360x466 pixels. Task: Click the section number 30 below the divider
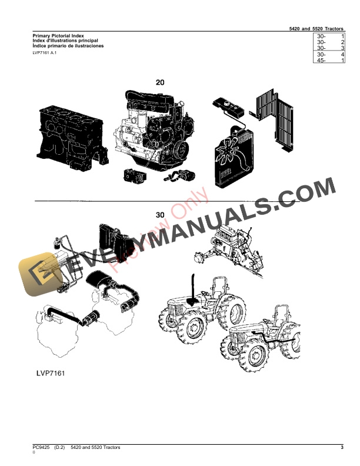pos(159,215)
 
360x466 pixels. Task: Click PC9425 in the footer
pos(41,448)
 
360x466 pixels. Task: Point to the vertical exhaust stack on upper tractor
pos(192,288)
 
